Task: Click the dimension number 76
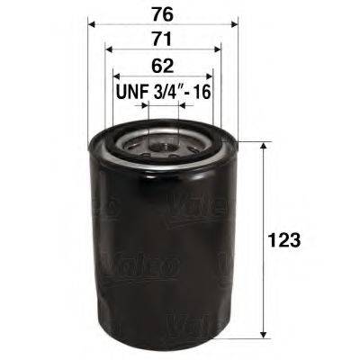[163, 13]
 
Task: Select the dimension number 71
[163, 39]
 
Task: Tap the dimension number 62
[163, 66]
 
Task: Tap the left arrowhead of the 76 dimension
[91, 26]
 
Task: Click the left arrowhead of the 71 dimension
[108, 52]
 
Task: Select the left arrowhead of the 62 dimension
[116, 78]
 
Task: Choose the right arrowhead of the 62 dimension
[210, 78]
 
